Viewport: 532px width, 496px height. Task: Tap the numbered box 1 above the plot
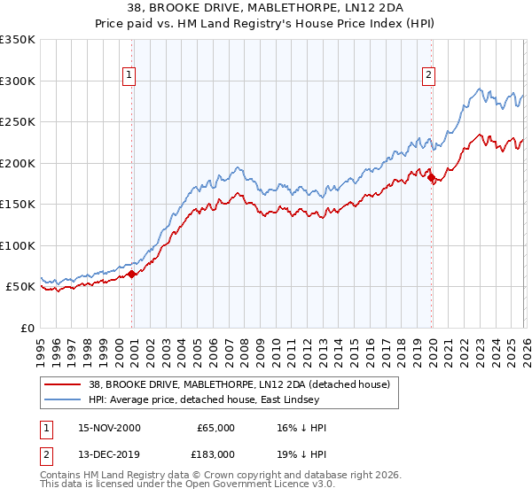129,76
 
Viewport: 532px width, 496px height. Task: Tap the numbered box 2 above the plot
428,76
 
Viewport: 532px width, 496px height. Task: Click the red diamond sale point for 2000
132,275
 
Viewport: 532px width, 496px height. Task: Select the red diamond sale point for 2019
432,178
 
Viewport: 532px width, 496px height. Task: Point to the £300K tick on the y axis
18,81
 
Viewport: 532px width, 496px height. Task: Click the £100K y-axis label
18,245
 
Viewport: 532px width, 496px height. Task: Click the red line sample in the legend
64,384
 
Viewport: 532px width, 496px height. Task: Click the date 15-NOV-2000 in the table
109,427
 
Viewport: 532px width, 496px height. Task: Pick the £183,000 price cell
216,453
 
